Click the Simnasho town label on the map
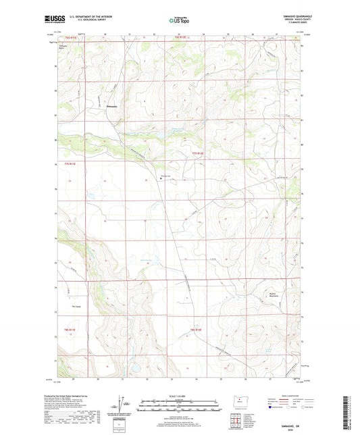tap(96, 107)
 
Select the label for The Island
tap(76, 305)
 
